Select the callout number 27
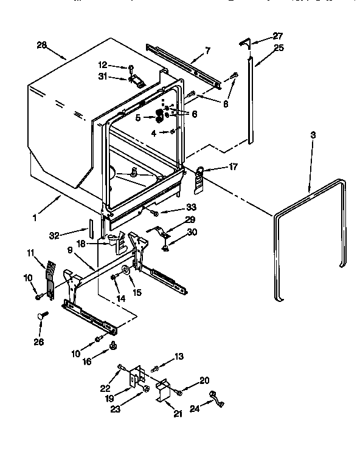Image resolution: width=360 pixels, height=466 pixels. click(x=261, y=36)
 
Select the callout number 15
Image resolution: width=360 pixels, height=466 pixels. click(x=137, y=292)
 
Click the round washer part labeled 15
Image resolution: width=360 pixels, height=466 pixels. click(x=125, y=272)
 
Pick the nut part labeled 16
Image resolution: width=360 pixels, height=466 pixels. click(x=112, y=346)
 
